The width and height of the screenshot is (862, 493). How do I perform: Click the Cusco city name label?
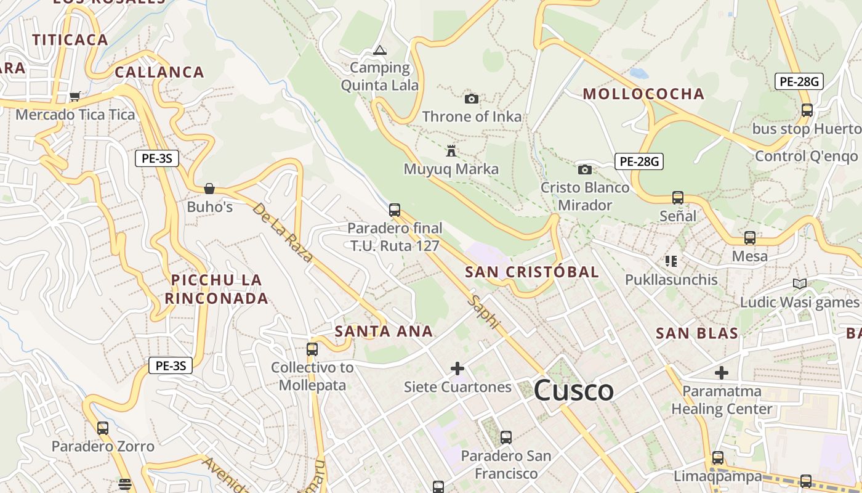pos(573,391)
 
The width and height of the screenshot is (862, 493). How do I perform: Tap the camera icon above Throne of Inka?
pos(472,99)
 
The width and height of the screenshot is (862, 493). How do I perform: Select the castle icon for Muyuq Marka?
pos(451,150)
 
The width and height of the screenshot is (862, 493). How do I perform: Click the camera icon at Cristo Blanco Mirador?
pos(585,169)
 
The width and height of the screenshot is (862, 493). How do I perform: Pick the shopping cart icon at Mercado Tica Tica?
pos(75,96)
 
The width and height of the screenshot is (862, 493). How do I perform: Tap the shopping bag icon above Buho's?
pos(209,188)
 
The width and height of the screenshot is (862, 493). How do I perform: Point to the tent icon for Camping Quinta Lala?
pos(380,50)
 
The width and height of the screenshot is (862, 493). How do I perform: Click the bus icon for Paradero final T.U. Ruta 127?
pos(395,210)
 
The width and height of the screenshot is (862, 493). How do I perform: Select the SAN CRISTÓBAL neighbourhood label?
pos(532,272)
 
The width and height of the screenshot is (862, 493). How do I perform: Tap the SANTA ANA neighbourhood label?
pos(384,332)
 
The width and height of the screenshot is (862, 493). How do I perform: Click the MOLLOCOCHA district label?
pos(643,94)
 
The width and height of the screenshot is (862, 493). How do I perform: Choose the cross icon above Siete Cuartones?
pos(457,369)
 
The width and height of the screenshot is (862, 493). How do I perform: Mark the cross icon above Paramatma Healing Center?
pos(722,373)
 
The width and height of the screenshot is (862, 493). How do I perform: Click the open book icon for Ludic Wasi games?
pos(799,283)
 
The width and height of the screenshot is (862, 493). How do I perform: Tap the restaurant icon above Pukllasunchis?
pos(671,261)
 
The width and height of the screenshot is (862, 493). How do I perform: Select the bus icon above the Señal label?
pos(678,198)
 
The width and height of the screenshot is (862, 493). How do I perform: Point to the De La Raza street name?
pos(283,232)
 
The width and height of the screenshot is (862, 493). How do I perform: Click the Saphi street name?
pos(484,312)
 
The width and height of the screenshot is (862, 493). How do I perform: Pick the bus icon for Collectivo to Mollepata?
pos(312,349)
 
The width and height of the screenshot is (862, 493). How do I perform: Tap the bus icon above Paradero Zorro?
pos(103,428)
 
